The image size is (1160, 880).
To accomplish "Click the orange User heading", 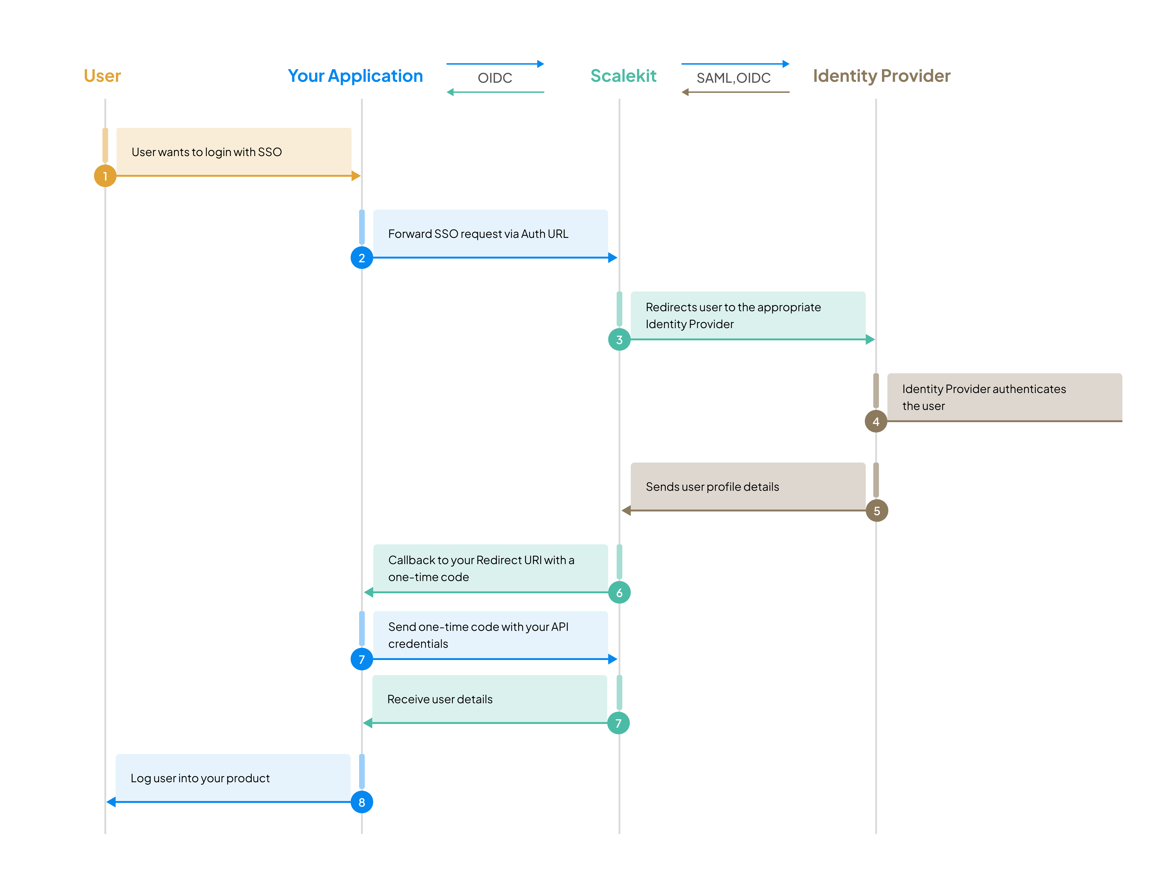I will tap(102, 76).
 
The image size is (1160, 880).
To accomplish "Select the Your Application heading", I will tap(355, 76).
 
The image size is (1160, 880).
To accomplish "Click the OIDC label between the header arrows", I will tap(494, 78).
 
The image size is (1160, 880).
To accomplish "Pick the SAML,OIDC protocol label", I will tap(733, 78).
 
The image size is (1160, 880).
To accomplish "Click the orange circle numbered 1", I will tap(105, 176).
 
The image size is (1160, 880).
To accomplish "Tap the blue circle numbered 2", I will tap(361, 258).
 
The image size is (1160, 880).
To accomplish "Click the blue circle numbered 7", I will tap(361, 659).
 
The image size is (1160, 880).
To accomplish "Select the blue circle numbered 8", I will tap(361, 802).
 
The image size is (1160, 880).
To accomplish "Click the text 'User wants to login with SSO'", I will tap(207, 152).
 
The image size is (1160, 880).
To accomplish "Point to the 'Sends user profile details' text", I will tap(712, 487).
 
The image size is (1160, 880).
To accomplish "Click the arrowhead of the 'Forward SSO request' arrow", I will tap(612, 258).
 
